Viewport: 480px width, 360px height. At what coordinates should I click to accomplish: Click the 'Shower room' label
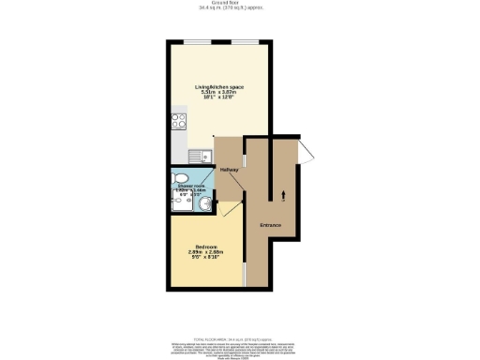pos(193,186)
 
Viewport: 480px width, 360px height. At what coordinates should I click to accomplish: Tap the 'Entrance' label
pos(271,225)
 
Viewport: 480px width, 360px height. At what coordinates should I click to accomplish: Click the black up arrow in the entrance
pos(284,195)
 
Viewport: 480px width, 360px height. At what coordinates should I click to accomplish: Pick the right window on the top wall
pos(246,41)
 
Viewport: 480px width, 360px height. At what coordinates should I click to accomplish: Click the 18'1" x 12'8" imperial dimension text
pos(219,98)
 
